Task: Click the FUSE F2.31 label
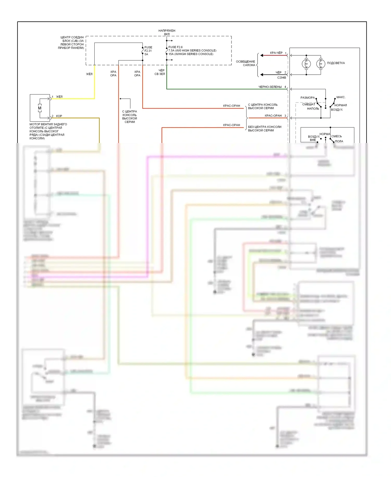click(x=148, y=49)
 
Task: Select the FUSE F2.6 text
click(x=175, y=47)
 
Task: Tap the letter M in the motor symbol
click(x=40, y=108)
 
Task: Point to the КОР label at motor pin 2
click(x=59, y=116)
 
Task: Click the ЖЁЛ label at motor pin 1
click(x=59, y=97)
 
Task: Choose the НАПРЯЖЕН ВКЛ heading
click(x=167, y=32)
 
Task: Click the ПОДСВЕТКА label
click(x=336, y=63)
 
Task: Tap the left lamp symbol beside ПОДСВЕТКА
click(x=306, y=64)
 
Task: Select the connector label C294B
click(x=282, y=77)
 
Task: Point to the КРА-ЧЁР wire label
click(x=276, y=53)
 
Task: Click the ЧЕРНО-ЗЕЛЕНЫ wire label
click(x=270, y=87)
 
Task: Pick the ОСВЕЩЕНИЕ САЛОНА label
click(x=246, y=63)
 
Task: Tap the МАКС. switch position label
click(x=341, y=97)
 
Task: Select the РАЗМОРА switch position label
click(x=308, y=98)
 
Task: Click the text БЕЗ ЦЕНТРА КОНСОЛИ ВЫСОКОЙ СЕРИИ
click(x=265, y=129)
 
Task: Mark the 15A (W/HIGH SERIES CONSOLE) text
click(x=191, y=54)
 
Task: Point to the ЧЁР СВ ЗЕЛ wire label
click(x=160, y=72)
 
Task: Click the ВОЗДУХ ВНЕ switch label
click(x=314, y=138)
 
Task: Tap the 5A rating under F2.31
click(x=146, y=54)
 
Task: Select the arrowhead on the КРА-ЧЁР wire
click(x=262, y=55)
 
